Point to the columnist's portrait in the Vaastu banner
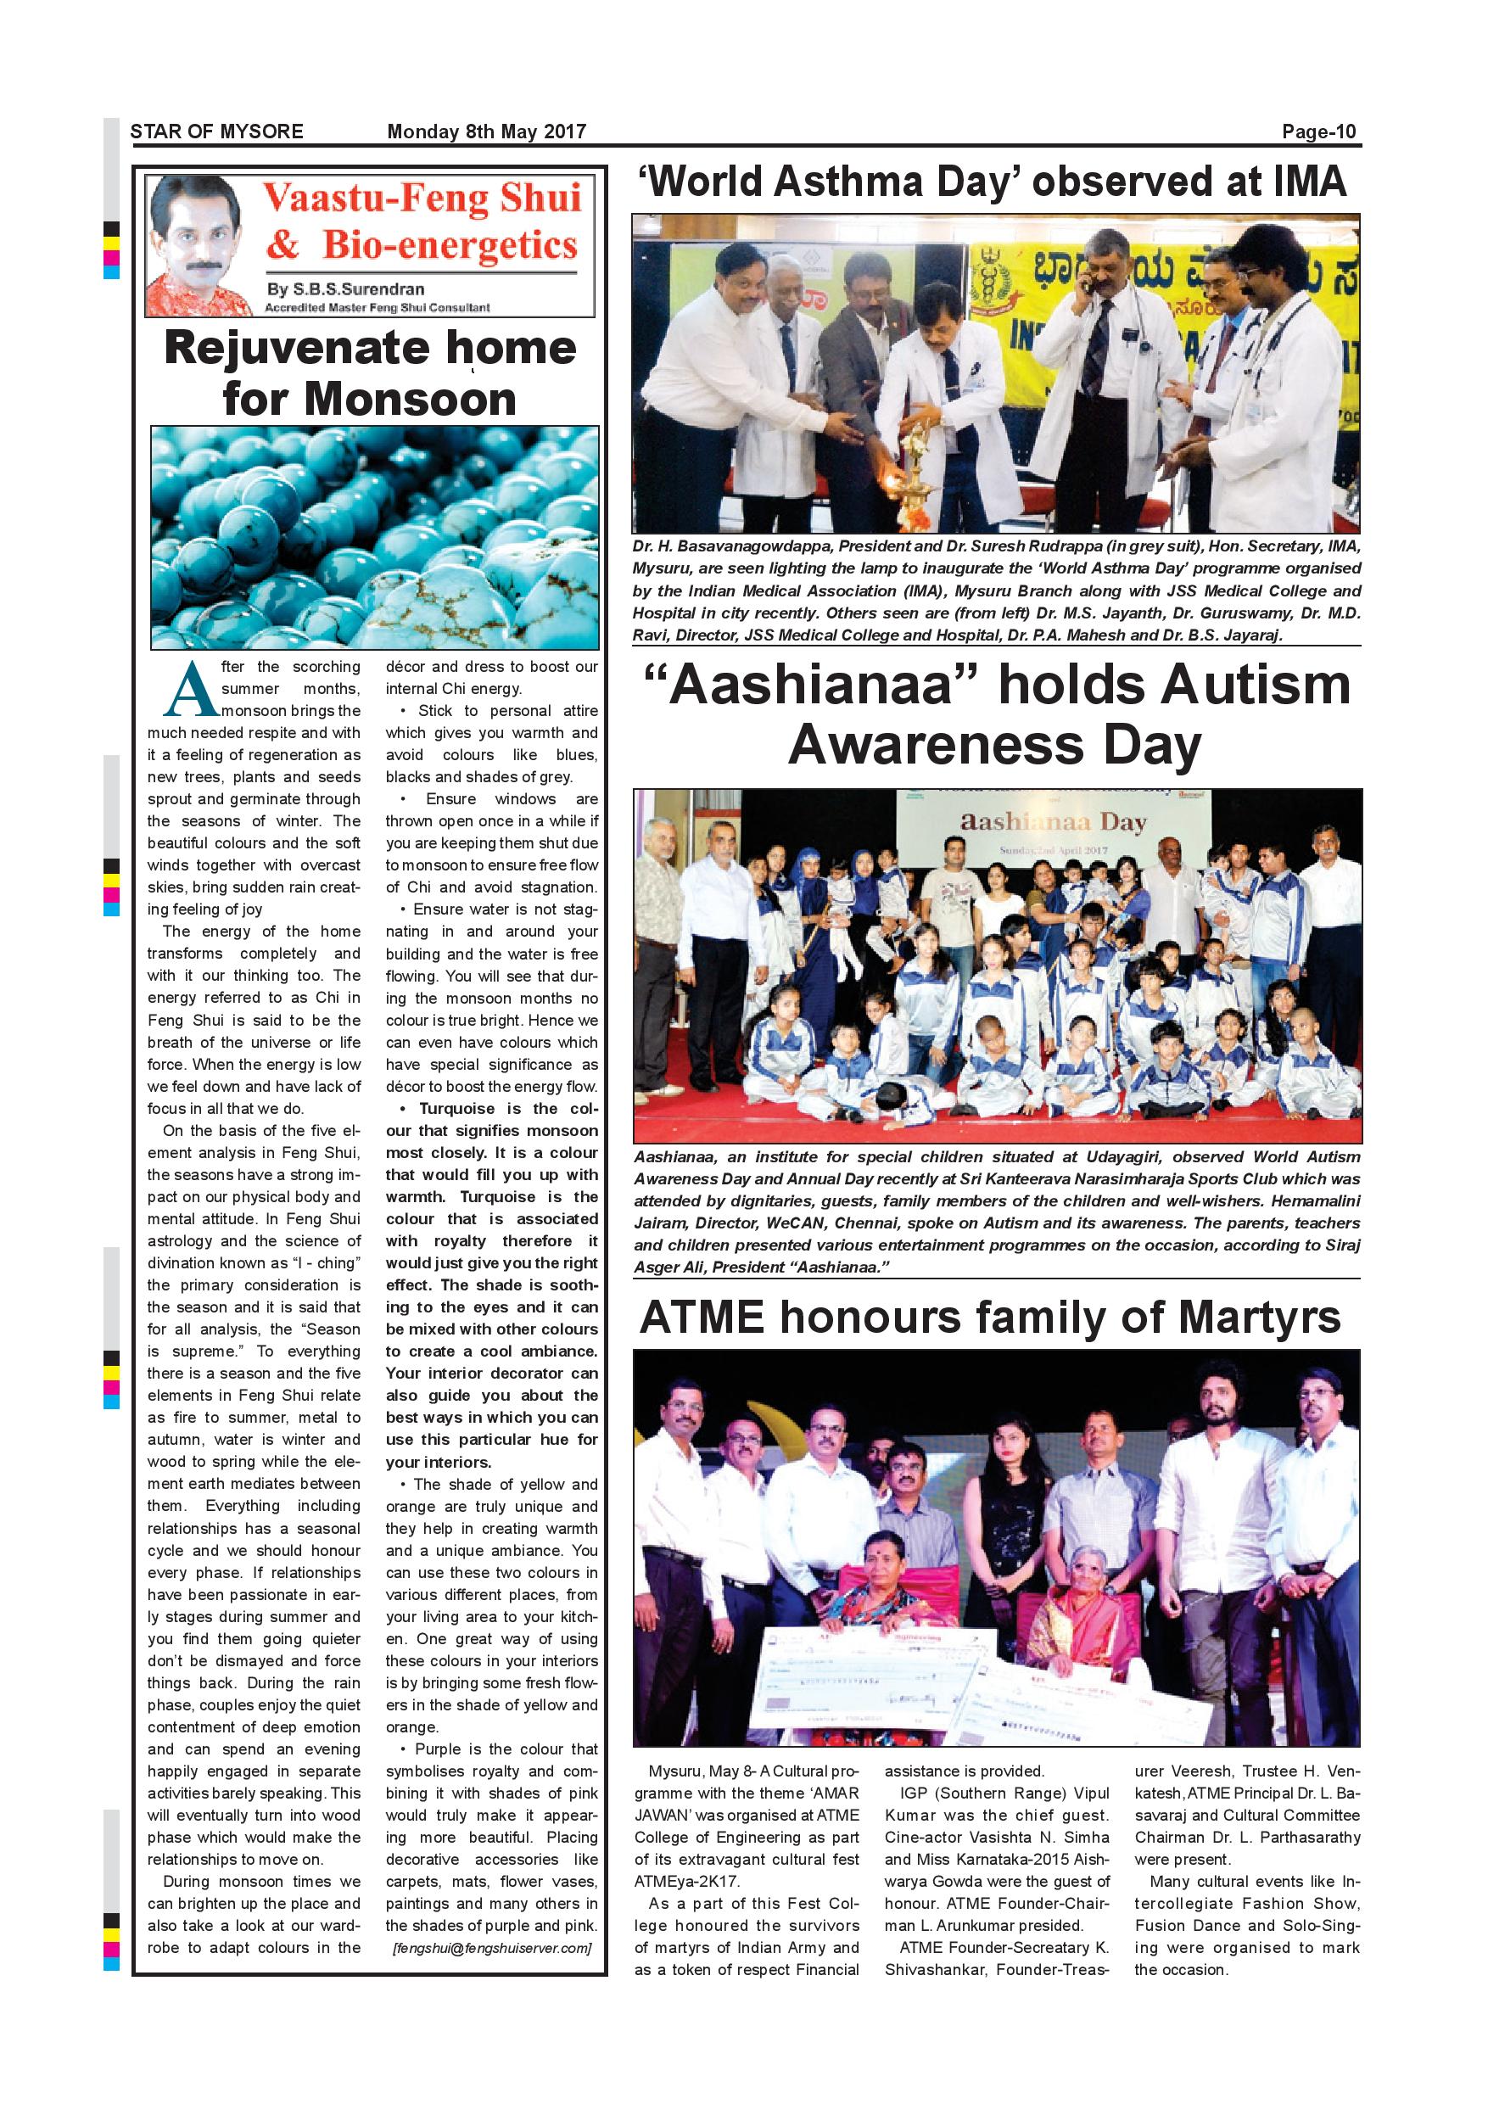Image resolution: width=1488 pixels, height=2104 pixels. point(199,245)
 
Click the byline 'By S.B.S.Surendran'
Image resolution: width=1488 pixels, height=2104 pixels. point(345,289)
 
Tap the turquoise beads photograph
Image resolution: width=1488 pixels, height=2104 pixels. point(374,537)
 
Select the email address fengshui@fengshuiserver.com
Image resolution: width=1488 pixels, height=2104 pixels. point(492,1948)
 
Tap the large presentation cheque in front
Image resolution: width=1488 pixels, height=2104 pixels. point(880,1676)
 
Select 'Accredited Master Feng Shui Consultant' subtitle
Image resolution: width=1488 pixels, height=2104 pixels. point(377,308)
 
